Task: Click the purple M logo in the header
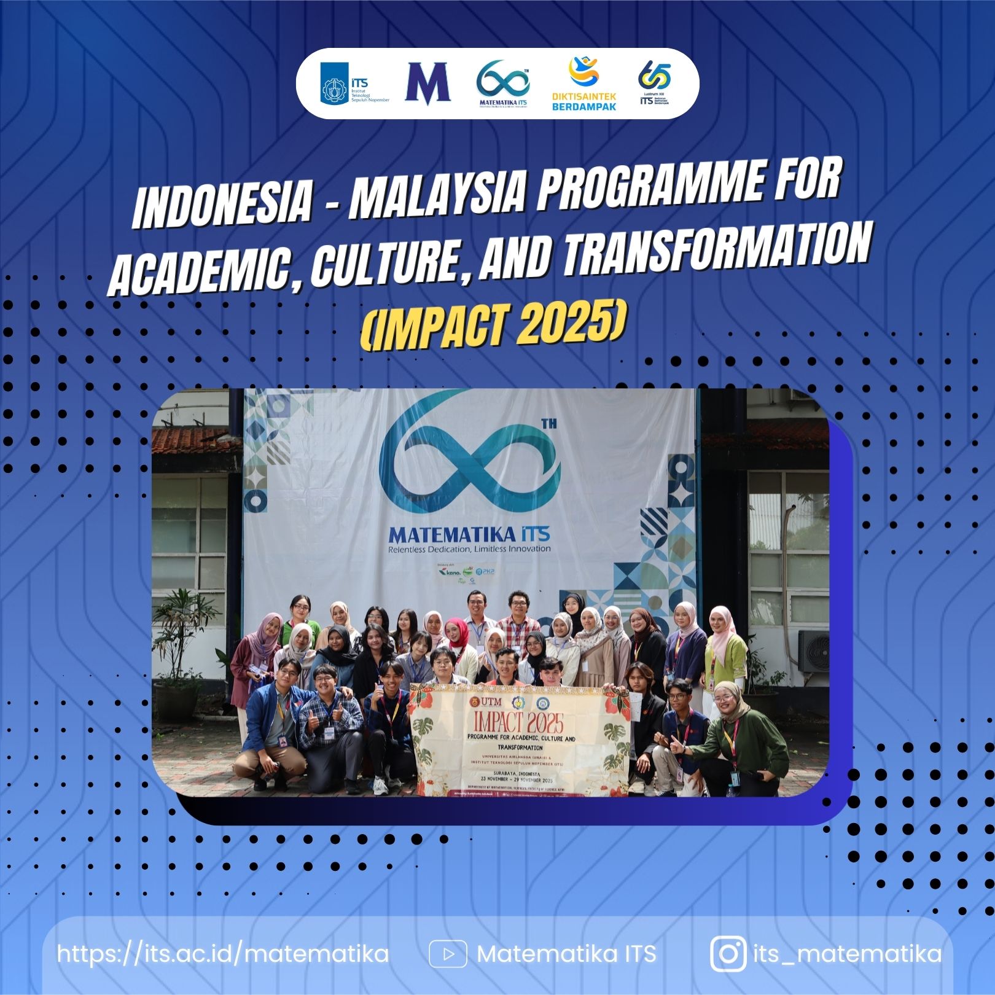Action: click(427, 83)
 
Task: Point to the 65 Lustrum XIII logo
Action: click(654, 84)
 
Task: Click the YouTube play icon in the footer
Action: click(448, 954)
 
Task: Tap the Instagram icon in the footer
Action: click(728, 954)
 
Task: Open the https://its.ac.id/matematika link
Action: click(223, 954)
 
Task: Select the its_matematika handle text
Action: click(847, 954)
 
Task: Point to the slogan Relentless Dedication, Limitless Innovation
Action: click(469, 548)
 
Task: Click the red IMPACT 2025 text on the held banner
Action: click(518, 722)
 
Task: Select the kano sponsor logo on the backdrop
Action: click(450, 572)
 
